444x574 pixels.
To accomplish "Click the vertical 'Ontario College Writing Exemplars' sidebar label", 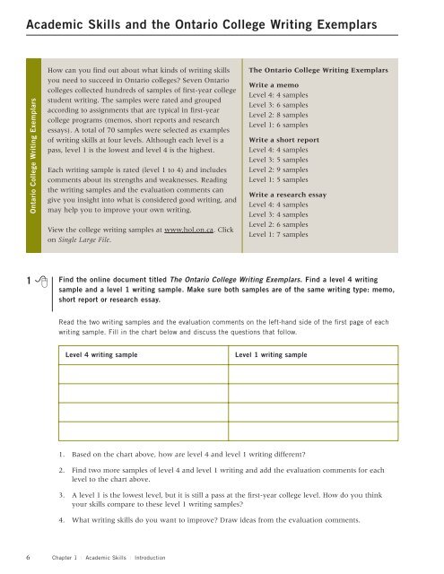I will pos(33,161).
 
